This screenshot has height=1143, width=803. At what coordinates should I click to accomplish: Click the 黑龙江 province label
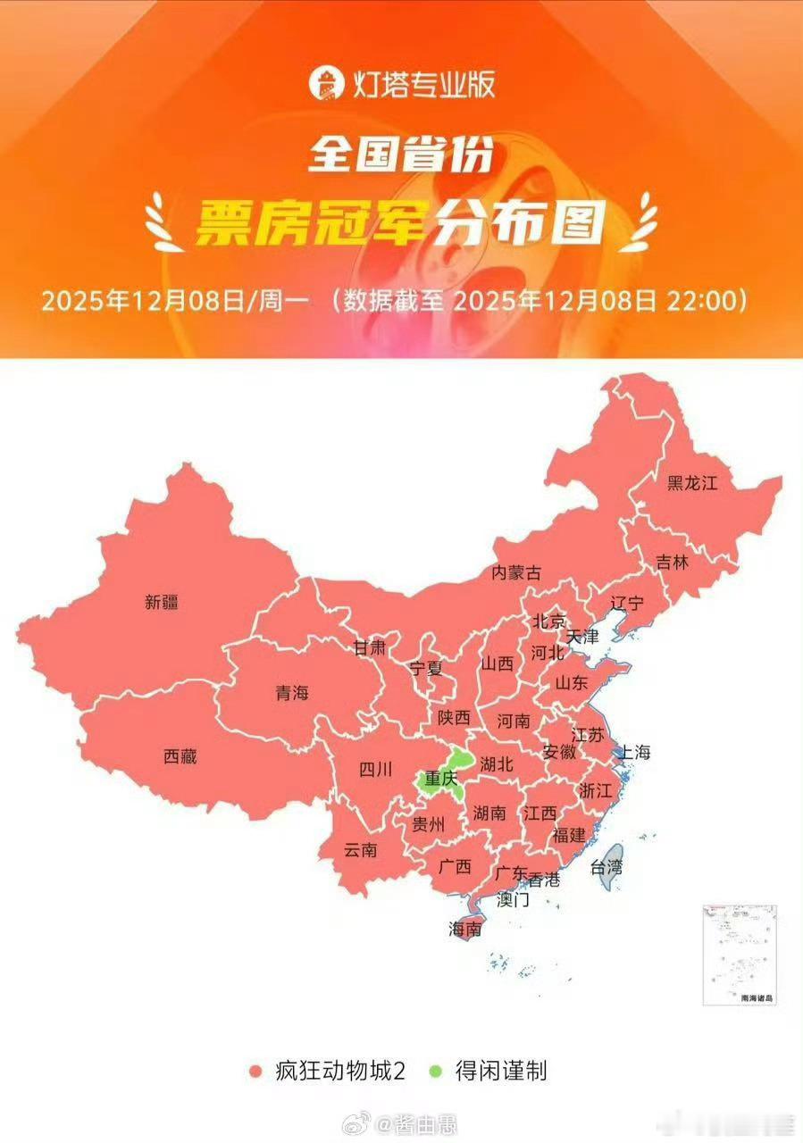(692, 483)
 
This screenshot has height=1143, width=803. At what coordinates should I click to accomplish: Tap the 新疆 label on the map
(162, 602)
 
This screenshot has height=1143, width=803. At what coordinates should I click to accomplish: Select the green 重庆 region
(440, 778)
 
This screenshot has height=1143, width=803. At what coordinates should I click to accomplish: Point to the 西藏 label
(180, 756)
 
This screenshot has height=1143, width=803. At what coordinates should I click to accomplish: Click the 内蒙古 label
(517, 573)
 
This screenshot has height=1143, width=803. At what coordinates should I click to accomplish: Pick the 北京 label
(549, 621)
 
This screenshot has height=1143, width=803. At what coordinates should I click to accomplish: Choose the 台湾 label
(606, 866)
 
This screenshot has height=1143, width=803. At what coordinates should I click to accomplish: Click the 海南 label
(465, 929)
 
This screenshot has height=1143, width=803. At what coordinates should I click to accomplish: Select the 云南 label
(360, 850)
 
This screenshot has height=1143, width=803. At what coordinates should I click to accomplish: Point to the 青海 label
(291, 692)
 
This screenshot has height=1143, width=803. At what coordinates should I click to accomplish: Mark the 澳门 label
(513, 899)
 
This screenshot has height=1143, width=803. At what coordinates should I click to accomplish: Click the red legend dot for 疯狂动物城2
(255, 1071)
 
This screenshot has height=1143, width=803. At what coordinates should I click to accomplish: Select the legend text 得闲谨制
(500, 1071)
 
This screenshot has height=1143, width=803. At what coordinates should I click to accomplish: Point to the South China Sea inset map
(739, 955)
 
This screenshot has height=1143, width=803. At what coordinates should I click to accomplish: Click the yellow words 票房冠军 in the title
(309, 221)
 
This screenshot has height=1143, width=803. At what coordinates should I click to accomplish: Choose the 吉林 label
(673, 563)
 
